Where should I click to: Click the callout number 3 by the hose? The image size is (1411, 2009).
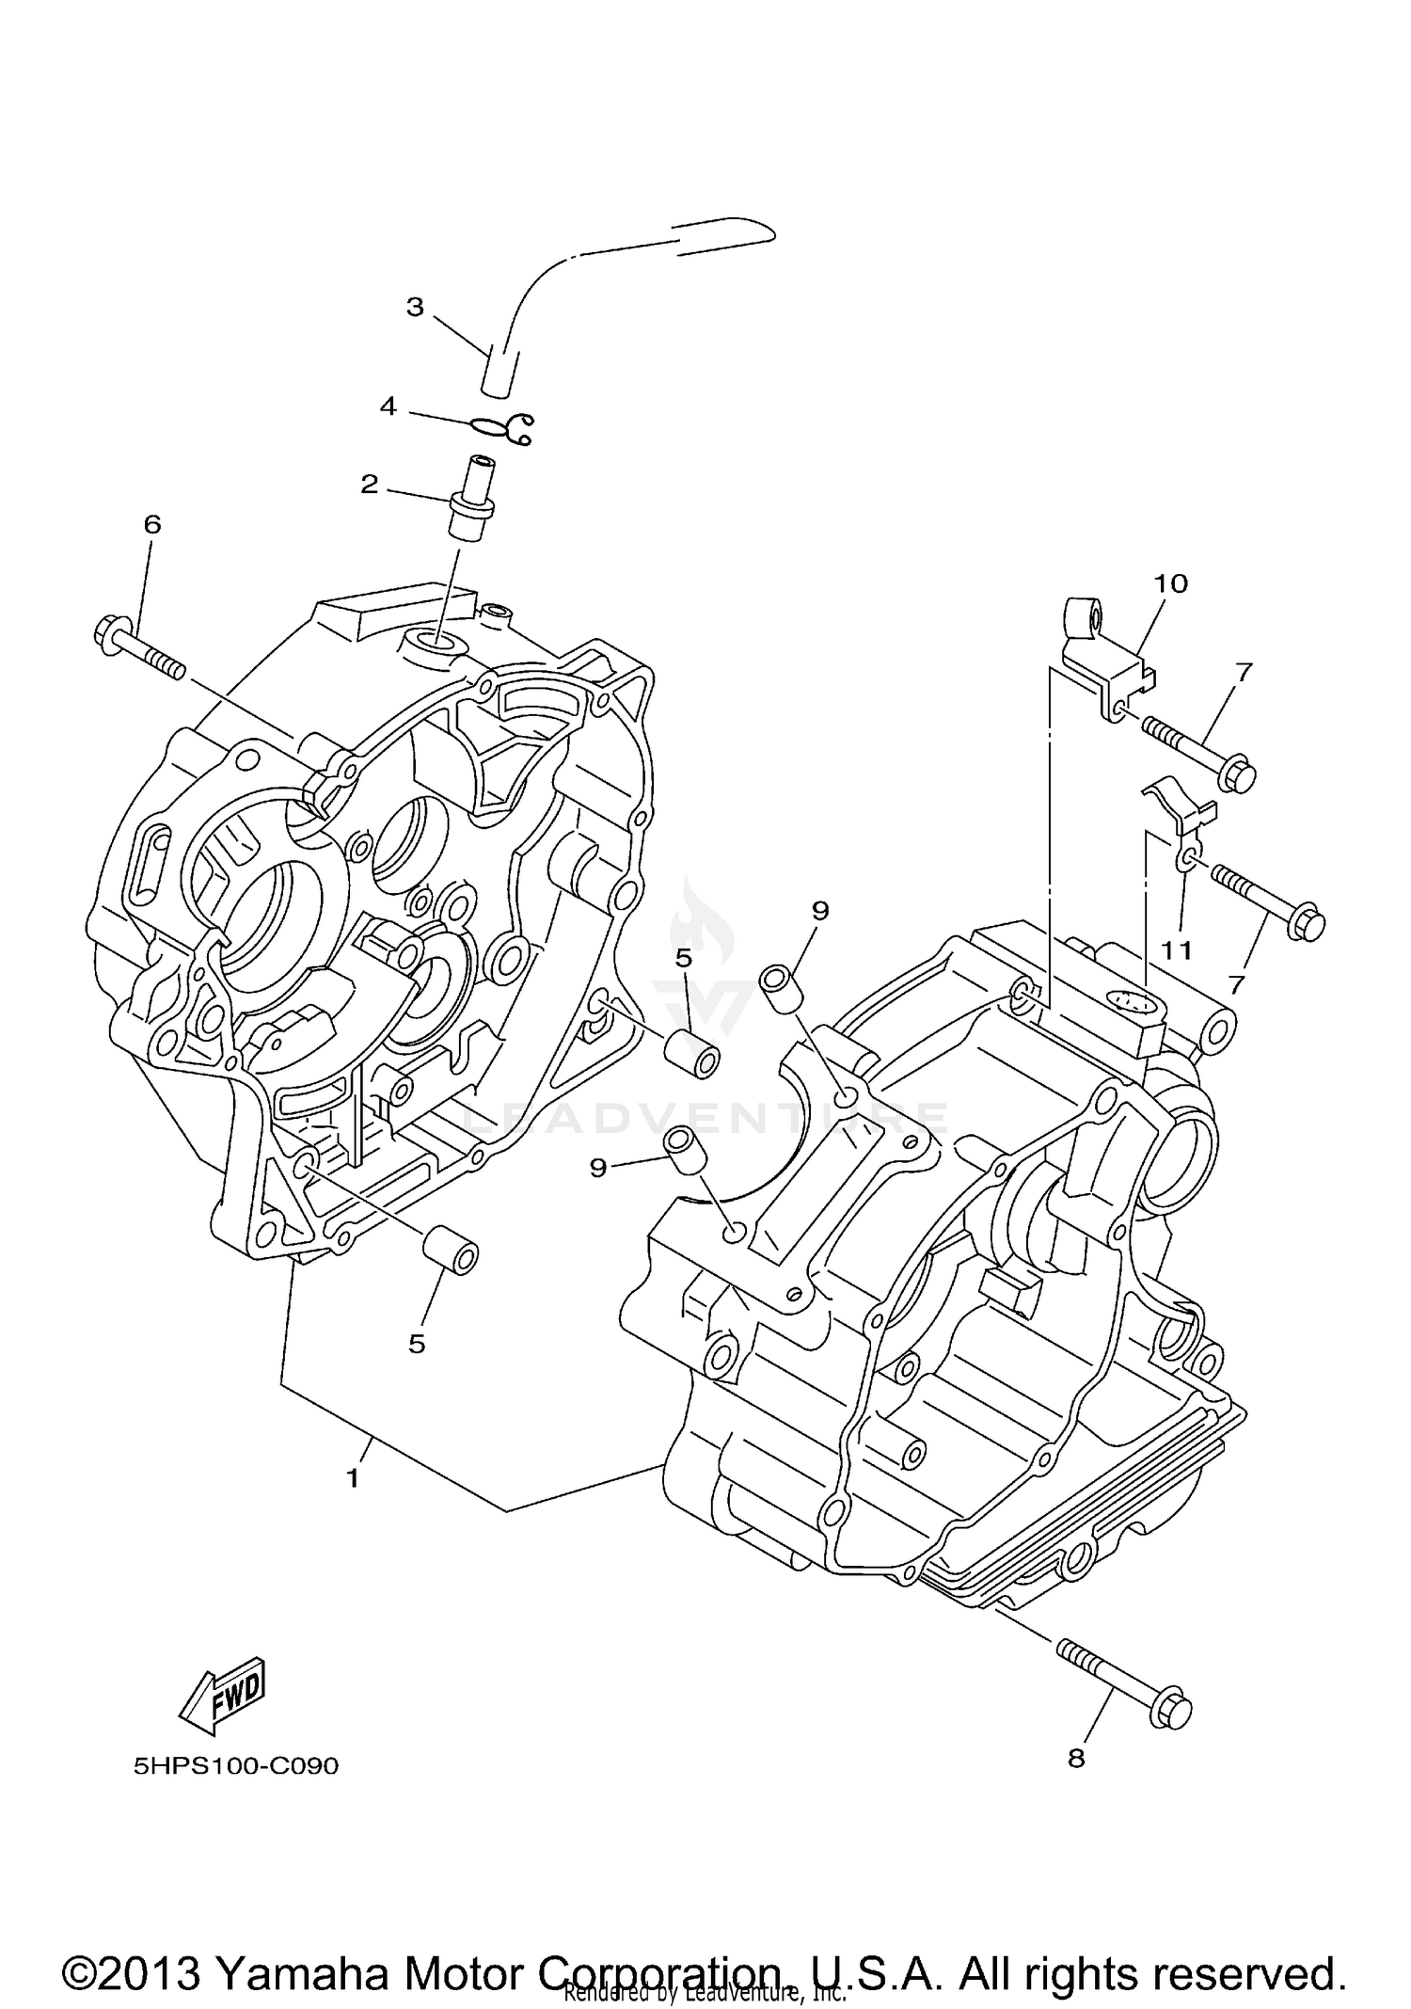tap(415, 307)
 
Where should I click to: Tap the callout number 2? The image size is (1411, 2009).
tap(370, 484)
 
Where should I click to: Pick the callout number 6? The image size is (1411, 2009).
tap(152, 524)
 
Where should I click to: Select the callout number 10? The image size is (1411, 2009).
tap(1172, 583)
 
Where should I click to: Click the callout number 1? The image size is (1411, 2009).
tap(353, 1478)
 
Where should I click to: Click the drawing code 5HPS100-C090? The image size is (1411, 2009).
tap(235, 1766)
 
